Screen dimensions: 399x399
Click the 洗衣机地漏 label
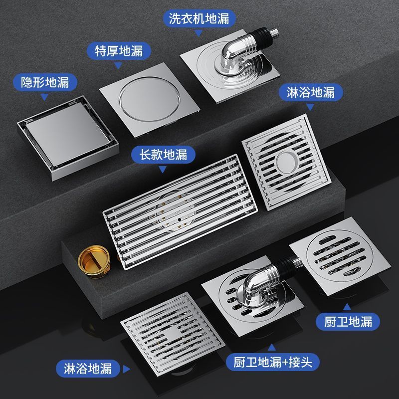tap(199, 18)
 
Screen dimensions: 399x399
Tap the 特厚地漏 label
tap(119, 51)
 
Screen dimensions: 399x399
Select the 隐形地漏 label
tap(45, 82)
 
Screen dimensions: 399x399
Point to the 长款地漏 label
tap(163, 155)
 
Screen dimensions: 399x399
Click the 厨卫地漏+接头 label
tap(272, 362)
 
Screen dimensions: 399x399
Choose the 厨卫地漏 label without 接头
tap(348, 322)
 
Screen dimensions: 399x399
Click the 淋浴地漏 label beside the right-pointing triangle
tap(88, 369)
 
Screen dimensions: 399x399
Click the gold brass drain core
tap(94, 261)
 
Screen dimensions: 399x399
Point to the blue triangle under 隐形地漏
tap(44, 96)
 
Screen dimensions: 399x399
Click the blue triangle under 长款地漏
tap(163, 169)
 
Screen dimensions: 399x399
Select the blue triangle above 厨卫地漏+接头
tap(272, 347)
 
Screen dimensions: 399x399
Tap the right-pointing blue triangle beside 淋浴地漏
tap(126, 369)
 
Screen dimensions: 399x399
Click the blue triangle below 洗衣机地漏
tap(198, 33)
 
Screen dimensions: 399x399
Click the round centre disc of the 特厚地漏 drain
tap(149, 99)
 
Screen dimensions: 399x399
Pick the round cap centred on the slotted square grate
tap(287, 162)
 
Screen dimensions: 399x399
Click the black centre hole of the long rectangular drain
tap(180, 219)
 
